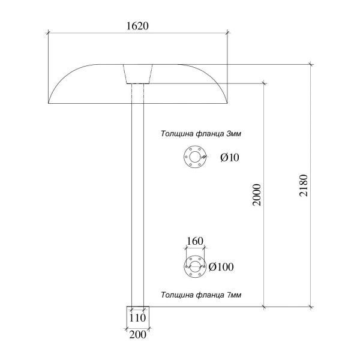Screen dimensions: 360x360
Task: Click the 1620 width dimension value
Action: [137, 26]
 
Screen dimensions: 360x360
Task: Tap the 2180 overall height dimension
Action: [303, 185]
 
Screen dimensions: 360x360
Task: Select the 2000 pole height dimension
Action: [257, 195]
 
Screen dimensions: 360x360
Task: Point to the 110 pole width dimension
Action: [137, 318]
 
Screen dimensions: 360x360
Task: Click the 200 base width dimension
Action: [138, 335]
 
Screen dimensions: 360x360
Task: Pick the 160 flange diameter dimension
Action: [194, 241]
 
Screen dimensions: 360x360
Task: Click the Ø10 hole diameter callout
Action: [230, 157]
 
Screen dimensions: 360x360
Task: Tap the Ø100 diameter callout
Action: [221, 267]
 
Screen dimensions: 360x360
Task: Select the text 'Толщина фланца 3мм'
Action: [201, 133]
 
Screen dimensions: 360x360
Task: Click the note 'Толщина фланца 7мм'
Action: [201, 295]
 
